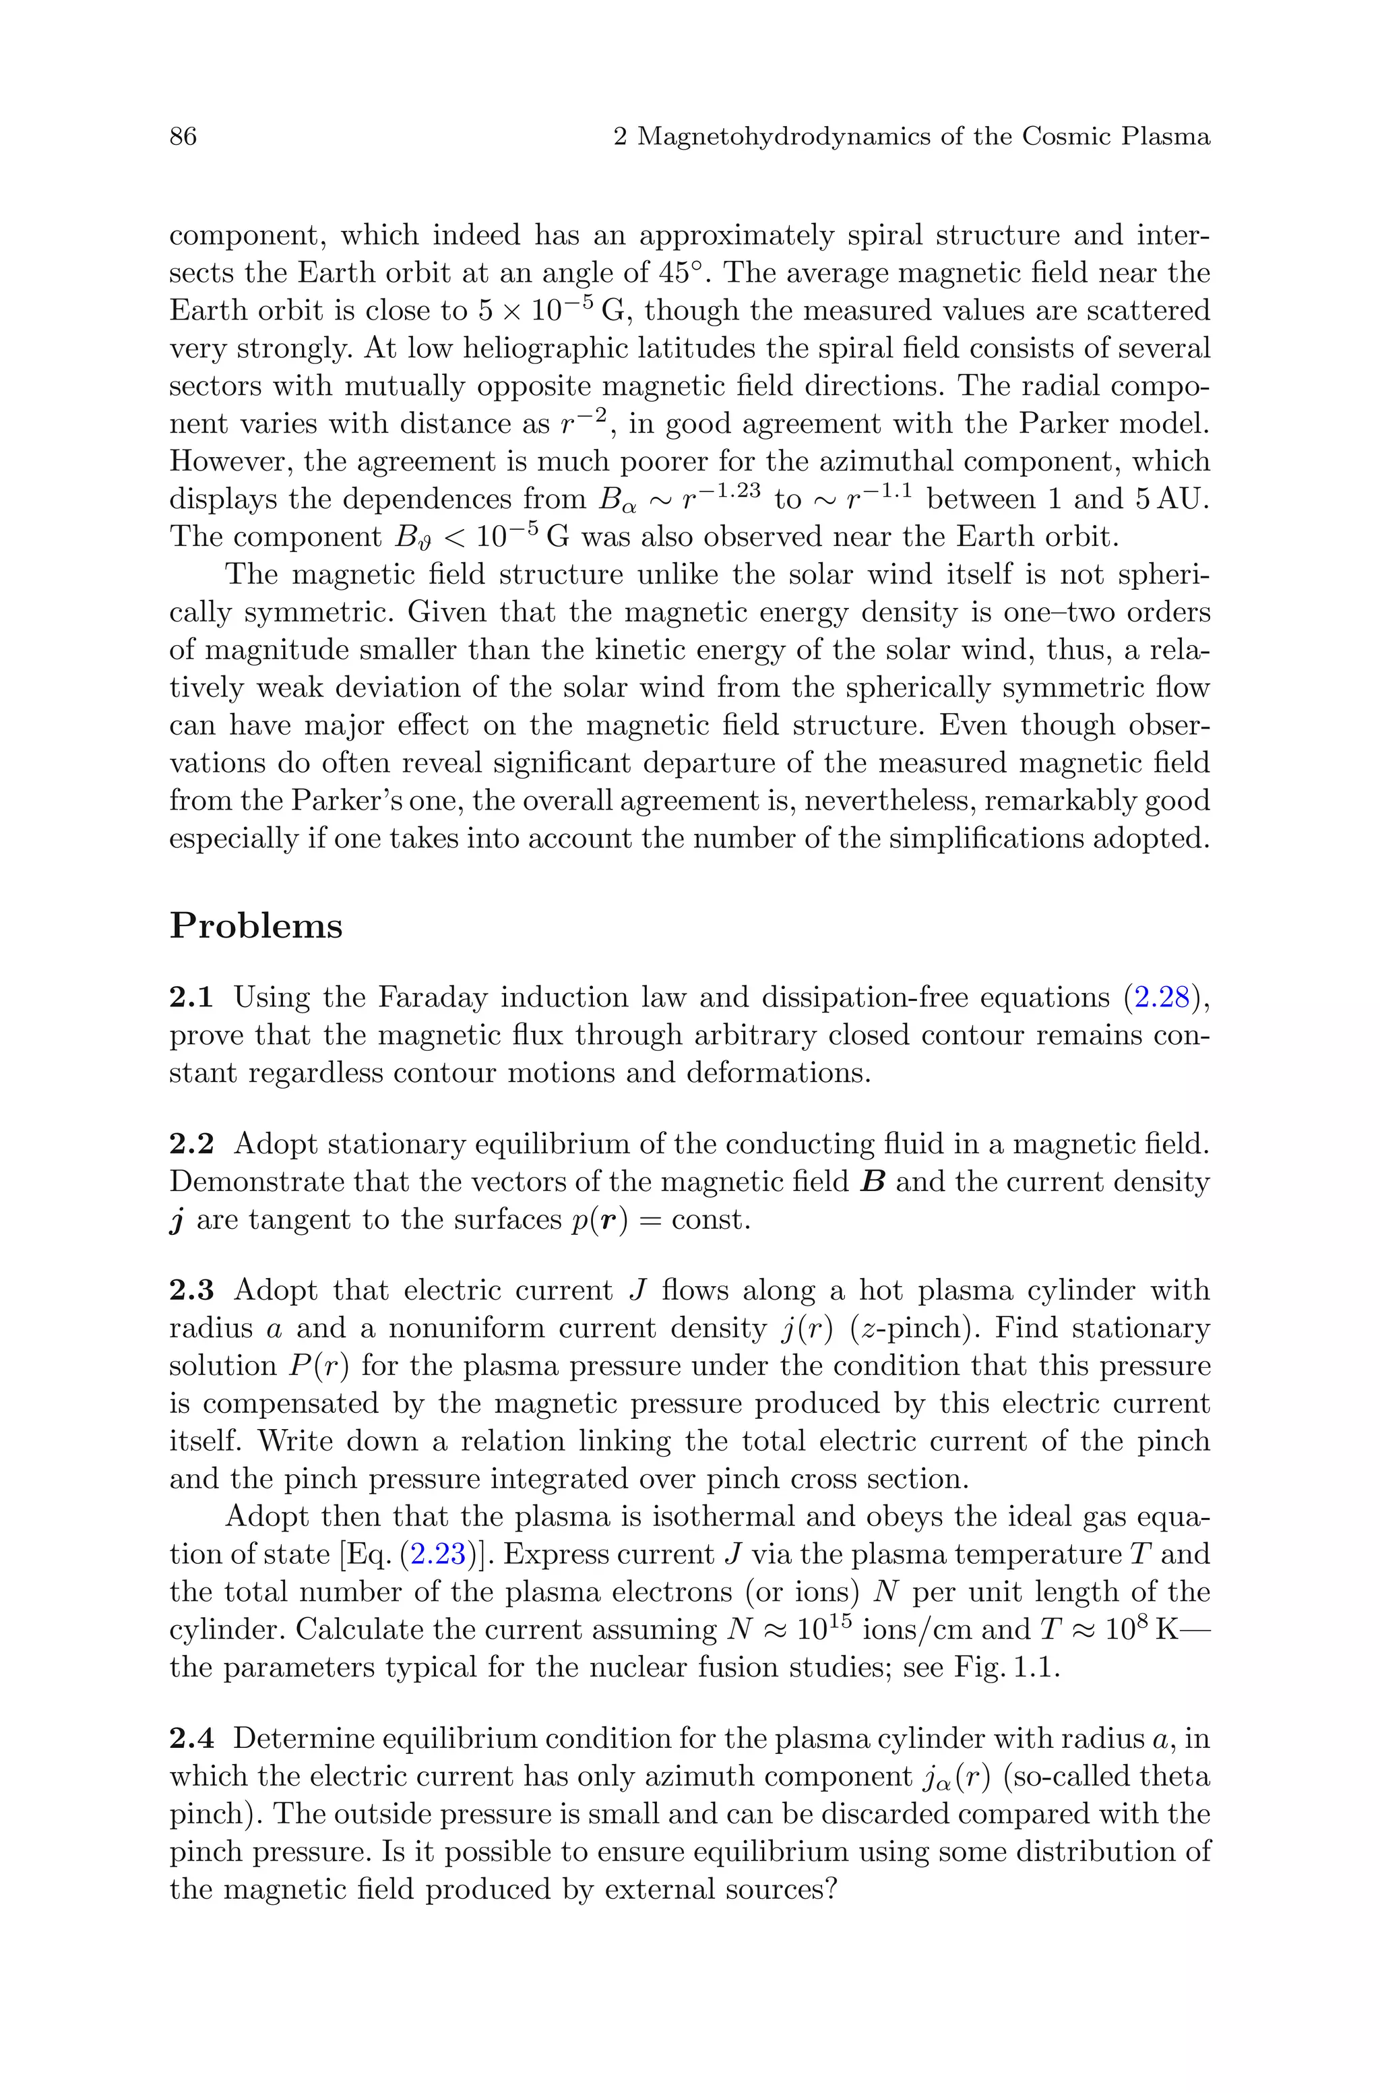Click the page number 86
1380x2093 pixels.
click(x=183, y=136)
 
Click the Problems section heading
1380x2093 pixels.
click(x=255, y=926)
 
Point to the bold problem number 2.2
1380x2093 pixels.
click(x=191, y=1144)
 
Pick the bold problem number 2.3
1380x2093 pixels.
click(x=191, y=1290)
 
